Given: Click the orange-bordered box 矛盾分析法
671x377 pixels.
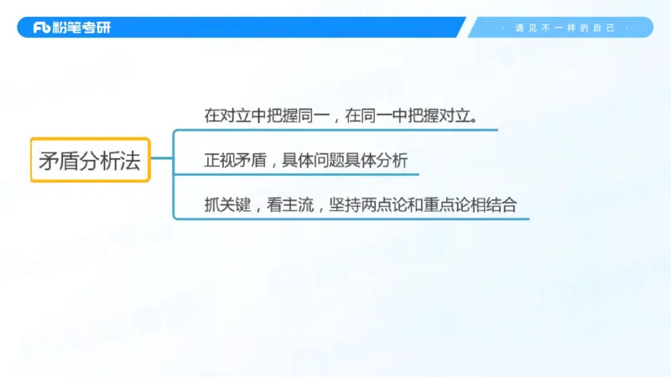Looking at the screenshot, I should (90, 159).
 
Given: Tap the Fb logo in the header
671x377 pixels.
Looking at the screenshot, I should (43, 28).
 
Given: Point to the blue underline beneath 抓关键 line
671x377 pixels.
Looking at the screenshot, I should (352, 219).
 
